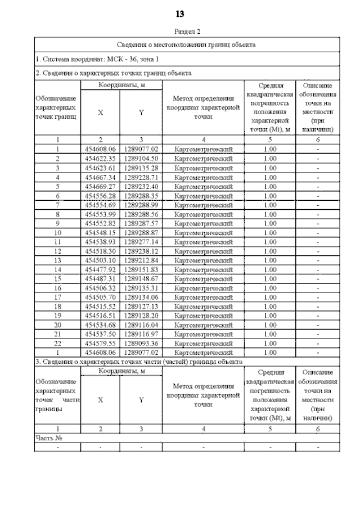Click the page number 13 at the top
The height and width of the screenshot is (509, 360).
pyautogui.click(x=181, y=14)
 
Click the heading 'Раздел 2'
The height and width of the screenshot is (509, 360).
pyautogui.click(x=187, y=32)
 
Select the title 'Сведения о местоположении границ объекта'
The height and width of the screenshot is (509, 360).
pyautogui.click(x=187, y=44)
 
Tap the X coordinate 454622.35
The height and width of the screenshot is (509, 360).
pyautogui.click(x=100, y=159)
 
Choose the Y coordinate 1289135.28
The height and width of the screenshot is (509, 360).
pyautogui.click(x=141, y=168)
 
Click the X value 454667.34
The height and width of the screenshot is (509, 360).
pyautogui.click(x=100, y=178)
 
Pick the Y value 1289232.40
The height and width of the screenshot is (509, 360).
pyautogui.click(x=141, y=187)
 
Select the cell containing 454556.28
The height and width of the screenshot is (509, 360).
pyautogui.click(x=100, y=196)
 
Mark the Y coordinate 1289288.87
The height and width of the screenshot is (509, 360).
pyautogui.click(x=141, y=232)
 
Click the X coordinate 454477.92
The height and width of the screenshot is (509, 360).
pyautogui.click(x=100, y=269)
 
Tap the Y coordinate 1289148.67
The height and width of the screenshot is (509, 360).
pyautogui.click(x=141, y=279)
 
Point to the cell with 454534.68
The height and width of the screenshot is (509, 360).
pyautogui.click(x=100, y=325)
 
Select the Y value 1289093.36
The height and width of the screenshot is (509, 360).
pyautogui.click(x=141, y=343)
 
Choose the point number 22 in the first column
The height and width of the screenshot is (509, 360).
pyautogui.click(x=57, y=343)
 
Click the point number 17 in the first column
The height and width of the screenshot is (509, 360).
pyautogui.click(x=57, y=297)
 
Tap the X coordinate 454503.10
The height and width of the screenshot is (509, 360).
pyautogui.click(x=100, y=260)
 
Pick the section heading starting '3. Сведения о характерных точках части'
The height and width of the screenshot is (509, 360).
pyautogui.click(x=139, y=361)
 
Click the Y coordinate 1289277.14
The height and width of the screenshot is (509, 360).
pyautogui.click(x=141, y=242)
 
